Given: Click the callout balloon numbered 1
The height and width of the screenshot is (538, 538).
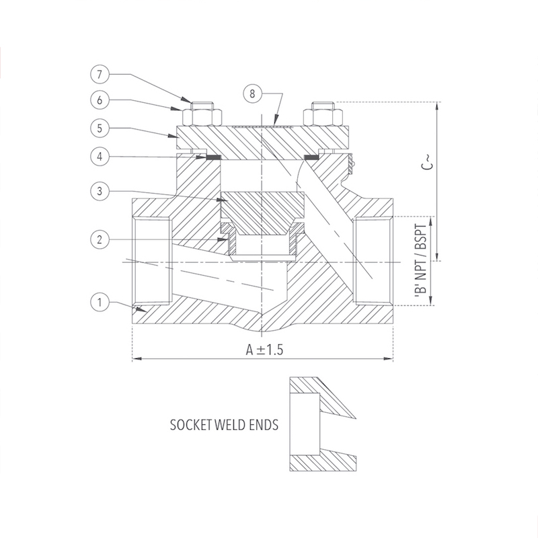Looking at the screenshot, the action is tap(100, 302).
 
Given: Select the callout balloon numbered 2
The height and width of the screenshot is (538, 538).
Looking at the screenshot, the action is tap(100, 239).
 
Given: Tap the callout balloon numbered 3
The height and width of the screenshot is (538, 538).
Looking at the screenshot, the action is tap(100, 191).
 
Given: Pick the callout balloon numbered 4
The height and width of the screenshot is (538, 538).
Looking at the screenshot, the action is tap(100, 157).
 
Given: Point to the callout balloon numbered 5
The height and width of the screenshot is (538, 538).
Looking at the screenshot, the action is tap(100, 128).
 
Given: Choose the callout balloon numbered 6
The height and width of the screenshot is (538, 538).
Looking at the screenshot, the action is tap(100, 100).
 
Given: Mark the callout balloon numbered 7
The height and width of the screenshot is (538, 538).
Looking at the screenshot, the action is tap(100, 74).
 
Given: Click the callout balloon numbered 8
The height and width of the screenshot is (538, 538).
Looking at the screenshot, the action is tap(252, 93).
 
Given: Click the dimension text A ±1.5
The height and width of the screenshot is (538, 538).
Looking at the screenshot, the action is tap(264, 350).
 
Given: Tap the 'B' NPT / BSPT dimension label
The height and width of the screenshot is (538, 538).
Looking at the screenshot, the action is tap(421, 261).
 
